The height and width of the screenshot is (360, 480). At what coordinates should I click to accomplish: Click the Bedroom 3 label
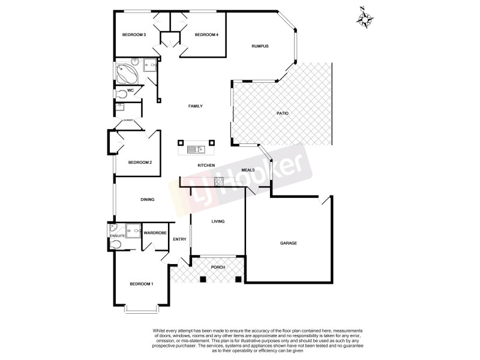point(134,35)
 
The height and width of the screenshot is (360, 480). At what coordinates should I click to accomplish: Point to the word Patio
point(283,113)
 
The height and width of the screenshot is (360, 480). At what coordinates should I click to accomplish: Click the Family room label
point(196,106)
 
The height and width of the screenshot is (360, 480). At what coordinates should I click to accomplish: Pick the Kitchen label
point(206,165)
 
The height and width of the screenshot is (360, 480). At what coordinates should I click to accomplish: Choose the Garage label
point(289,243)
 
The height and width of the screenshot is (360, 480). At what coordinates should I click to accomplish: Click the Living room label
point(217,222)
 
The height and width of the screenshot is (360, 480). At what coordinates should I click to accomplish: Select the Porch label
point(217,267)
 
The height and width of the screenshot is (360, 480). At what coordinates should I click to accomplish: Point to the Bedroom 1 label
point(142,284)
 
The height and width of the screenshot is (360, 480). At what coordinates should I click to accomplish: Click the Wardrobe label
point(155,233)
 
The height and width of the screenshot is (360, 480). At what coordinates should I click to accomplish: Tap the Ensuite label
point(117,236)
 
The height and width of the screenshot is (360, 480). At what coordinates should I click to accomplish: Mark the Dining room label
point(148,200)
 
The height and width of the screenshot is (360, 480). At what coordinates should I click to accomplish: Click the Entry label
point(179,239)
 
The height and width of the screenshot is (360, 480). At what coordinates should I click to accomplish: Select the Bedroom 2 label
point(140,163)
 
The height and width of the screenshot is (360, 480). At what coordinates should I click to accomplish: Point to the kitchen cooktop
point(218,180)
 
